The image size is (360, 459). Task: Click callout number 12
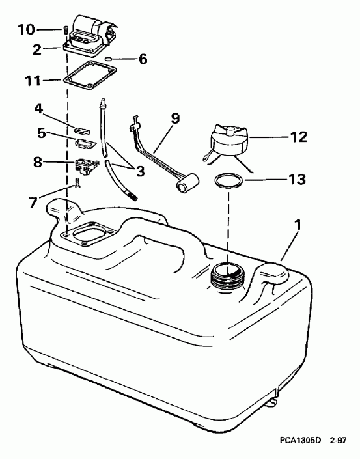point(297,137)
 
